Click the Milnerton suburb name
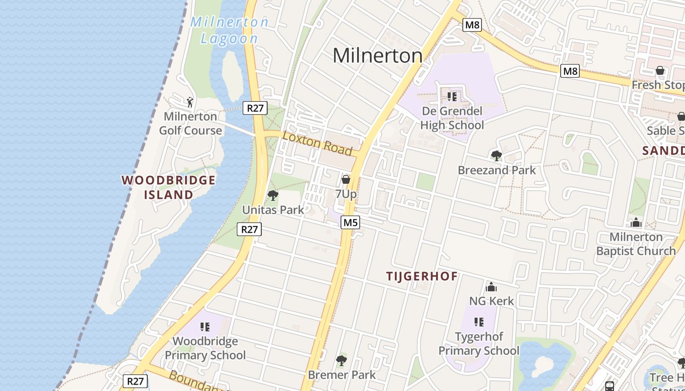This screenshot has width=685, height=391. [377, 56]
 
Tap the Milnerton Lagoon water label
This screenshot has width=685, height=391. [229, 30]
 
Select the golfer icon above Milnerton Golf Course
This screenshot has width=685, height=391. [190, 102]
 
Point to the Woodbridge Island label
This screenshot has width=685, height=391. [168, 187]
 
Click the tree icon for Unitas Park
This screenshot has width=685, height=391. [273, 196]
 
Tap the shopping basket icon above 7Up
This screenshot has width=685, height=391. [346, 179]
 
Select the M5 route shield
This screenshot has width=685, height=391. [350, 223]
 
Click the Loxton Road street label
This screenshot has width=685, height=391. [317, 143]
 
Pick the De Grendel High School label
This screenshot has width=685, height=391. [452, 118]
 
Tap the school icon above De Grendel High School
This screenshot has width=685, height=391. [452, 96]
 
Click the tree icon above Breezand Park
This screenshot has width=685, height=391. [497, 156]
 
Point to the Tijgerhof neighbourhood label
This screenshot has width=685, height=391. [422, 277]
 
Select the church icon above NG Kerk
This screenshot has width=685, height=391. [491, 287]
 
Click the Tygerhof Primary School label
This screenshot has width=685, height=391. [479, 344]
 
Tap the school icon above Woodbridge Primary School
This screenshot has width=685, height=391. [205, 326]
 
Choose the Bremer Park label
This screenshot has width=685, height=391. [342, 375]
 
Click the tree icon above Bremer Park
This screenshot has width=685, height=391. [342, 361]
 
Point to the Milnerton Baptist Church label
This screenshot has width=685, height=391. [636, 244]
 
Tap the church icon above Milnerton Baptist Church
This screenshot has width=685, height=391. [636, 223]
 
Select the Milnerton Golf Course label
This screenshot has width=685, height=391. [190, 123]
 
